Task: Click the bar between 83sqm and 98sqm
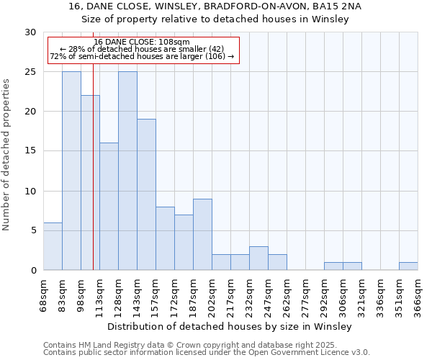(71, 171)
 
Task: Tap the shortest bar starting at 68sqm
(53, 246)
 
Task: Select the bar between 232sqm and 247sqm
(258, 258)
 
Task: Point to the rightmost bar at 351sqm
(408, 266)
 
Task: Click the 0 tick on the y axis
(32, 270)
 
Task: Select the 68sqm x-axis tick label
(44, 294)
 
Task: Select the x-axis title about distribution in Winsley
(230, 326)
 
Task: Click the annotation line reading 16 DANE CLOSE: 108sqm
(142, 42)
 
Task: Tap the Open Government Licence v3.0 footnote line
(207, 352)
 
